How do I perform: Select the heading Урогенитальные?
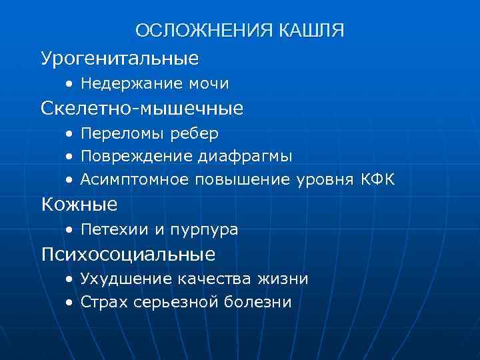point(120,58)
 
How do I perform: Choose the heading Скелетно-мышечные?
point(142,107)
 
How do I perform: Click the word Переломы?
point(116,134)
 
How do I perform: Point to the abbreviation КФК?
point(377,179)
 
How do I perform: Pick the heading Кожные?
point(79,203)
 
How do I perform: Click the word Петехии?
point(109,230)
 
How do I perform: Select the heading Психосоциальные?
point(128,254)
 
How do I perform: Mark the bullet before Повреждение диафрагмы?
point(70,157)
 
